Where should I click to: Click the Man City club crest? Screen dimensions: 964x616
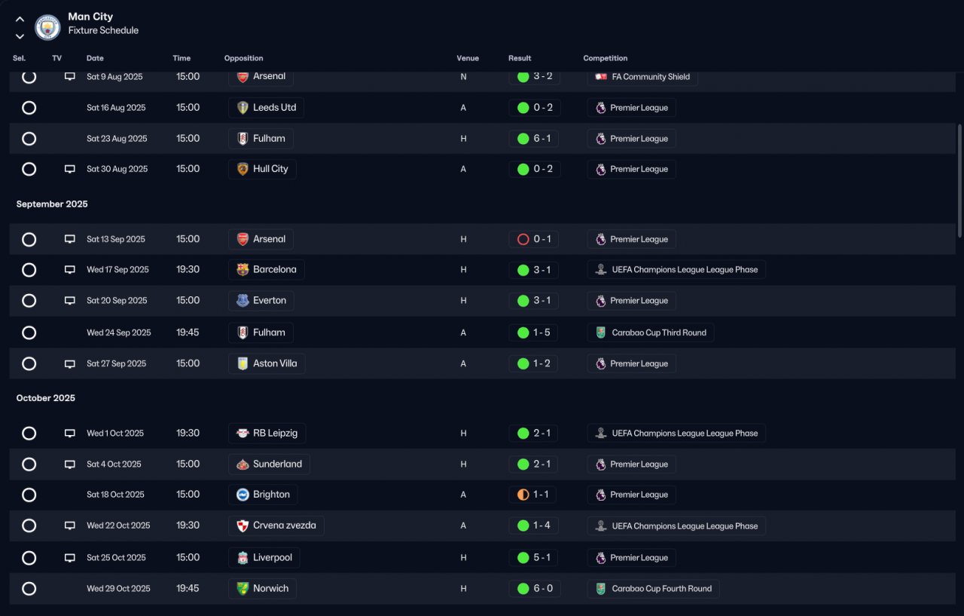click(x=47, y=28)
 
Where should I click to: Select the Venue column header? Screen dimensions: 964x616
click(x=468, y=58)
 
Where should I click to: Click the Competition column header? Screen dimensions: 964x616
click(x=605, y=58)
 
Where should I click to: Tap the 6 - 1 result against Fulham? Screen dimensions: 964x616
click(x=541, y=138)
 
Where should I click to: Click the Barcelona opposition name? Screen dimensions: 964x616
click(x=275, y=270)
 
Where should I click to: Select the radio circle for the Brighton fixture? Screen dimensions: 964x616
click(x=29, y=495)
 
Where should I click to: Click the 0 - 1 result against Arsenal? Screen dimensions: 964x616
click(x=541, y=239)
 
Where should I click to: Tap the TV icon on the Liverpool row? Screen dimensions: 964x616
click(x=70, y=558)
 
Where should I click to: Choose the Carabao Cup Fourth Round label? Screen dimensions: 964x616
click(x=661, y=588)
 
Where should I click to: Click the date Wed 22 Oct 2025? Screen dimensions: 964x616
click(x=118, y=526)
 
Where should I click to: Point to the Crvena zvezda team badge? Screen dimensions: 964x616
click(x=243, y=526)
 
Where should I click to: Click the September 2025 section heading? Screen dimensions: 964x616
click(x=52, y=204)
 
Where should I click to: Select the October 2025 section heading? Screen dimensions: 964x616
click(x=46, y=398)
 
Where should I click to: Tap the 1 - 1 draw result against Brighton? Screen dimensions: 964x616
click(x=541, y=495)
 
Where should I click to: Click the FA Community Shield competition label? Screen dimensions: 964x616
click(x=651, y=77)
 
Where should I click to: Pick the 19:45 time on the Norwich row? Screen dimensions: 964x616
click(x=188, y=588)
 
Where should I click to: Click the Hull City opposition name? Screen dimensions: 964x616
click(x=270, y=169)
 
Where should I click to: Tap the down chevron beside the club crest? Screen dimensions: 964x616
click(x=20, y=37)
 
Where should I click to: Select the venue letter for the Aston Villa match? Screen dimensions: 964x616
click(x=463, y=363)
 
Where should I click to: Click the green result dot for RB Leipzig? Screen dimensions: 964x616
click(x=523, y=434)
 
